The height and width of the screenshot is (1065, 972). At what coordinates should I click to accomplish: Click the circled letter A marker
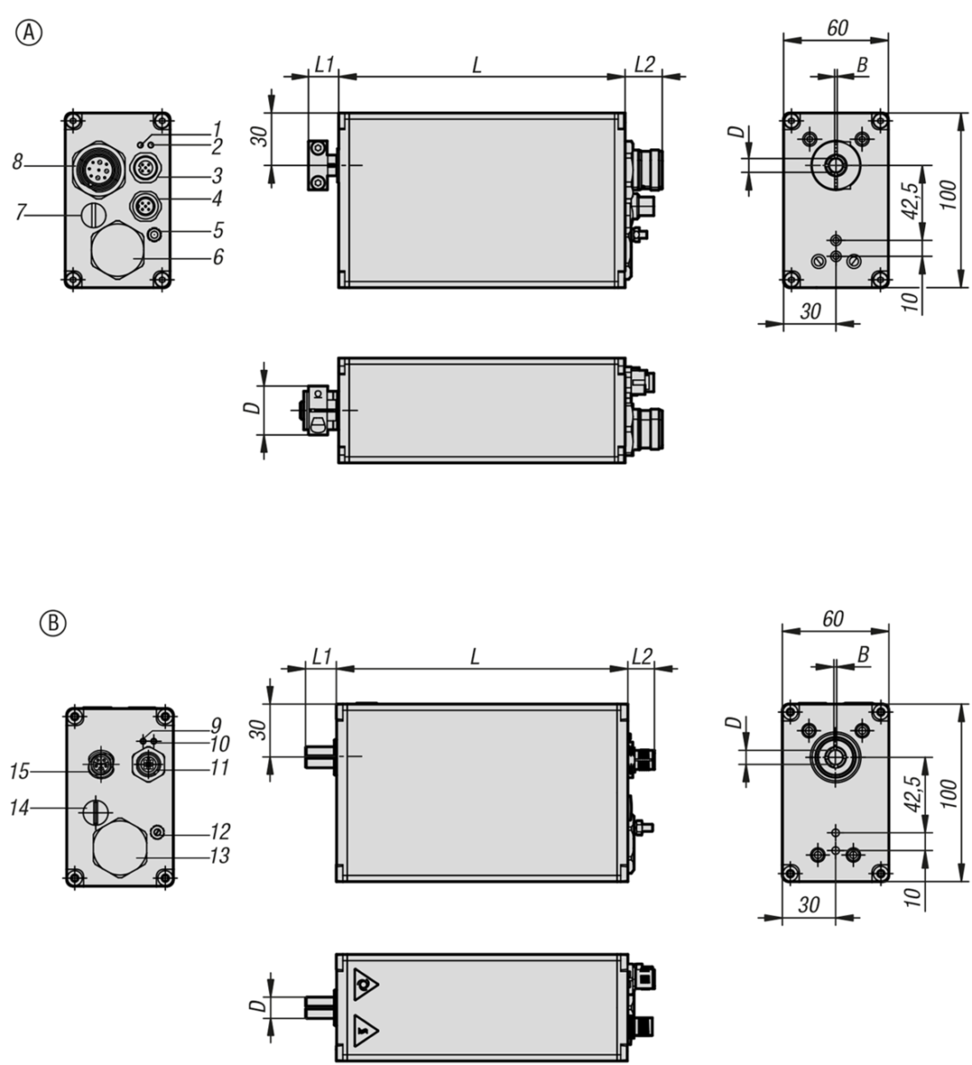coord(29,33)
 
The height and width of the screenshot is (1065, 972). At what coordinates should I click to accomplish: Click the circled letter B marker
coord(53,624)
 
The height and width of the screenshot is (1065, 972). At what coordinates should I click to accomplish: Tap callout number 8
coord(18,162)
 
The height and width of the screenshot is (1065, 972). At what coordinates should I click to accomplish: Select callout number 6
coord(217,256)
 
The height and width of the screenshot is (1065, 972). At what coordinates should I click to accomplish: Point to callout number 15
coord(20,771)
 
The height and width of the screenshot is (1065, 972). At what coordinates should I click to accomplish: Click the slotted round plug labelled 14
coord(95,809)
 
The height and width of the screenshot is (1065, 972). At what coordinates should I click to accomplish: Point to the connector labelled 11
coord(147,763)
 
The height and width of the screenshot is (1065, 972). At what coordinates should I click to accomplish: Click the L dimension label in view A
coord(477,64)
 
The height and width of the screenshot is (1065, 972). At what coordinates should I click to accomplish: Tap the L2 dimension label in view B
coord(641,656)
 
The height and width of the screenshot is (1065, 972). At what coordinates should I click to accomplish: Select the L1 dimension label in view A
coord(324,64)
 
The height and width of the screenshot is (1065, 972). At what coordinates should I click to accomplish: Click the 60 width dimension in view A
coord(835,28)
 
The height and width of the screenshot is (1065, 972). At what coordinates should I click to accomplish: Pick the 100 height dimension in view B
coord(948,793)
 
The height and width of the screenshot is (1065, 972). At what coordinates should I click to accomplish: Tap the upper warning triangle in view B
coord(365,984)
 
